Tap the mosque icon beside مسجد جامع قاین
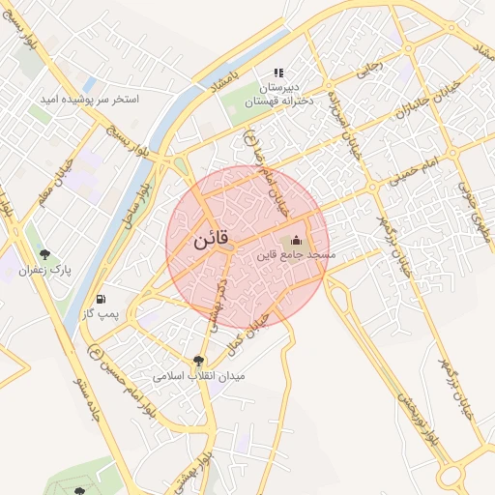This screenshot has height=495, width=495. [x=296, y=240]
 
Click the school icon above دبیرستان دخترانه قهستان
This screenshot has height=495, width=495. [x=278, y=72]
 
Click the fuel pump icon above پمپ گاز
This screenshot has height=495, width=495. [x=102, y=299]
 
